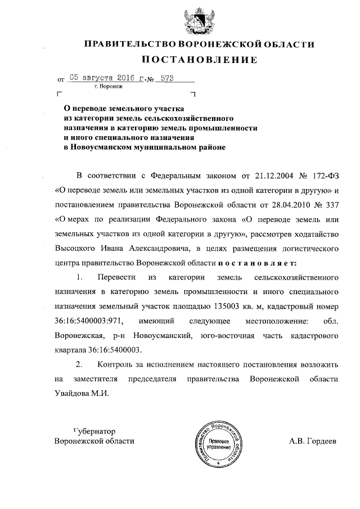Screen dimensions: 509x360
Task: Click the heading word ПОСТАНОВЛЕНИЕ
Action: click(x=199, y=60)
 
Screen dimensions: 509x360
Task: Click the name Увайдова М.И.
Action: click(x=82, y=394)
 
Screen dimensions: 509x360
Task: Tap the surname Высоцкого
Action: click(x=78, y=247)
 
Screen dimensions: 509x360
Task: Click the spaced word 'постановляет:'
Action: click(x=256, y=262)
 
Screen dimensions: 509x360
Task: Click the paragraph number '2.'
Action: click(x=79, y=364)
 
